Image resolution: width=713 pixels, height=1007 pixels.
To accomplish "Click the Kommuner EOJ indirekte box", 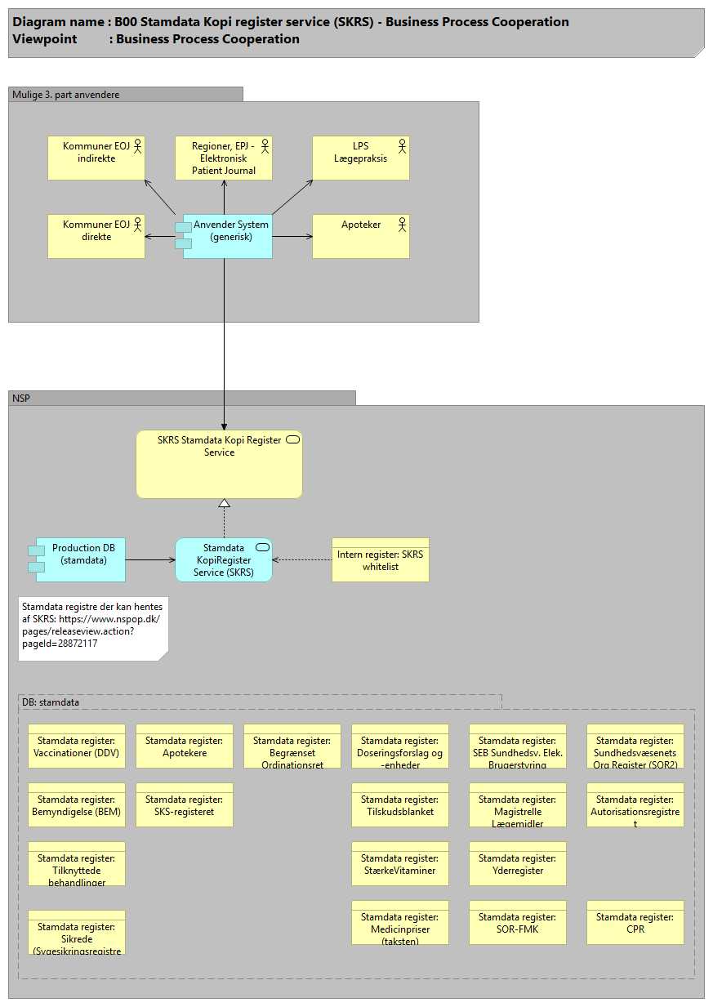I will tap(96, 158).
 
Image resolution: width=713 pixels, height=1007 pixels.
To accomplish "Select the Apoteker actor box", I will tap(360, 236).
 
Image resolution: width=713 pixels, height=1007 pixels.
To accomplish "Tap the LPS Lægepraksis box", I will tap(360, 158).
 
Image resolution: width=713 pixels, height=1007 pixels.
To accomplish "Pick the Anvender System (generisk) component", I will tap(226, 236).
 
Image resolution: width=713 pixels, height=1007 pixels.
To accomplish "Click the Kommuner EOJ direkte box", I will tap(96, 236).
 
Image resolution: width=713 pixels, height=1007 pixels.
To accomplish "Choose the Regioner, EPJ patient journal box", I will tap(223, 158).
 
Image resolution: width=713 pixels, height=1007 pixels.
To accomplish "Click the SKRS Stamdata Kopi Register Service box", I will tap(219, 465).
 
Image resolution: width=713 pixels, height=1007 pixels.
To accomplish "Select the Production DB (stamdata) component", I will tap(79, 559).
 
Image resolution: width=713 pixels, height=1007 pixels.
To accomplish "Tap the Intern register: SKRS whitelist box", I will tap(380, 559).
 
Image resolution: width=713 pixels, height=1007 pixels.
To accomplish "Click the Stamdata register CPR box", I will tap(635, 922).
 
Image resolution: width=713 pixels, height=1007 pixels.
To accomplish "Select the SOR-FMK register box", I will tap(517, 922).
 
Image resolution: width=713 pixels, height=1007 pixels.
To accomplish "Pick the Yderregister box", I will tap(517, 863).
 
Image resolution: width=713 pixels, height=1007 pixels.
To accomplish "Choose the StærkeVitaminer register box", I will tap(399, 863).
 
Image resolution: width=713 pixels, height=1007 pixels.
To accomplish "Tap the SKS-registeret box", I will tap(184, 804).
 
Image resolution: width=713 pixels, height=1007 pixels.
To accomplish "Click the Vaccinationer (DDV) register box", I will tap(76, 746).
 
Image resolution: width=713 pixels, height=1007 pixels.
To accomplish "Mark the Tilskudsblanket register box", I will tap(399, 804).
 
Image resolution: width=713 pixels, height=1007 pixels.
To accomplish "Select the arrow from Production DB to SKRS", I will tap(150, 559).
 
